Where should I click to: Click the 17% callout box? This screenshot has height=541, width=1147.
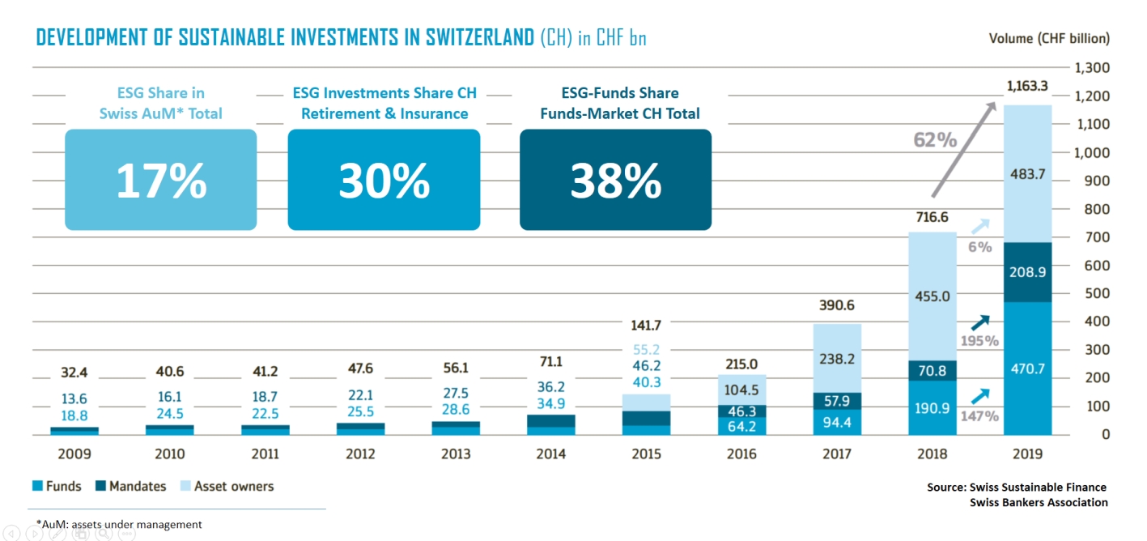click(160, 180)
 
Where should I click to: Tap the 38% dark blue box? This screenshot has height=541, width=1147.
click(615, 180)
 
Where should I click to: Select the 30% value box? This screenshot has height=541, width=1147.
click(384, 180)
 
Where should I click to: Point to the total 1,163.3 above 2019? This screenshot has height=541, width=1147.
click(1027, 85)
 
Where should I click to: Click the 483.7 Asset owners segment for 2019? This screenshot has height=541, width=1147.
click(1027, 174)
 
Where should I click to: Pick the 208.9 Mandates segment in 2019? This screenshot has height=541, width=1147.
click(1027, 272)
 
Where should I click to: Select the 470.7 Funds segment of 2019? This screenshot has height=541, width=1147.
click(1027, 368)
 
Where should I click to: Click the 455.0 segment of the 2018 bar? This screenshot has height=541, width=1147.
click(932, 296)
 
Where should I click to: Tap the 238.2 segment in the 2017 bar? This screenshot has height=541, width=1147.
click(837, 359)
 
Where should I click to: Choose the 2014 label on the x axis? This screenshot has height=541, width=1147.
click(550, 454)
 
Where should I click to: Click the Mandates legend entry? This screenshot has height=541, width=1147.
click(130, 487)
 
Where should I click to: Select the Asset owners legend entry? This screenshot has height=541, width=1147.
click(227, 487)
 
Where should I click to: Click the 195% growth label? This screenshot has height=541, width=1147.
click(979, 341)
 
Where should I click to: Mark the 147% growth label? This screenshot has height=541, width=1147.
click(979, 416)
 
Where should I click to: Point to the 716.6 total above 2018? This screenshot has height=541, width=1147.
click(932, 218)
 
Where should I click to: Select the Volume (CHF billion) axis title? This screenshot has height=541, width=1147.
click(1049, 38)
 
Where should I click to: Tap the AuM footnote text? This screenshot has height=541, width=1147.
click(119, 524)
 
